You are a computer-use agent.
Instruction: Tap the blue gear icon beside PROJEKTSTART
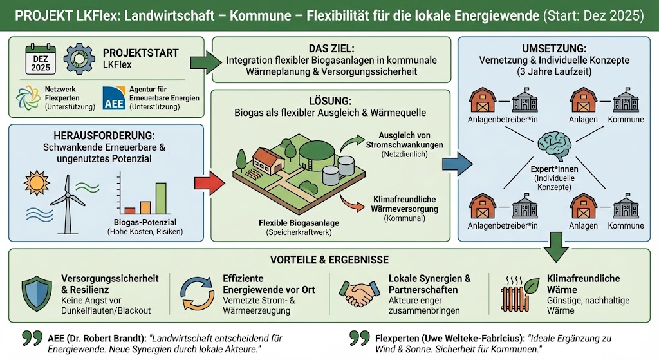point(79,59)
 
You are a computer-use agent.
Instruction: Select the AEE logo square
point(115,98)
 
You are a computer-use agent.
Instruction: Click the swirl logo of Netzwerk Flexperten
point(28,98)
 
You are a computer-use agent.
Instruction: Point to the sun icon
point(37,184)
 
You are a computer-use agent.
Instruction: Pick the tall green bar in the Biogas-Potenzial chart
point(161,198)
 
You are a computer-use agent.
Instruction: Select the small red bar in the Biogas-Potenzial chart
point(130,211)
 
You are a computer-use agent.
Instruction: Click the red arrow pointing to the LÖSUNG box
point(209,183)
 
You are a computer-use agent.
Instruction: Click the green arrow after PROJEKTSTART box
point(206,62)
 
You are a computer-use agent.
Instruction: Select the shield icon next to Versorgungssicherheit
point(37,294)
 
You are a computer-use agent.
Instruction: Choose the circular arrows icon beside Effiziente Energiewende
point(197,294)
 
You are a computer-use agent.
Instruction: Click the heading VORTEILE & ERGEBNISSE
point(329,260)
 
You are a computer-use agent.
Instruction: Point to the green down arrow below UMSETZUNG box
point(556,247)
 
